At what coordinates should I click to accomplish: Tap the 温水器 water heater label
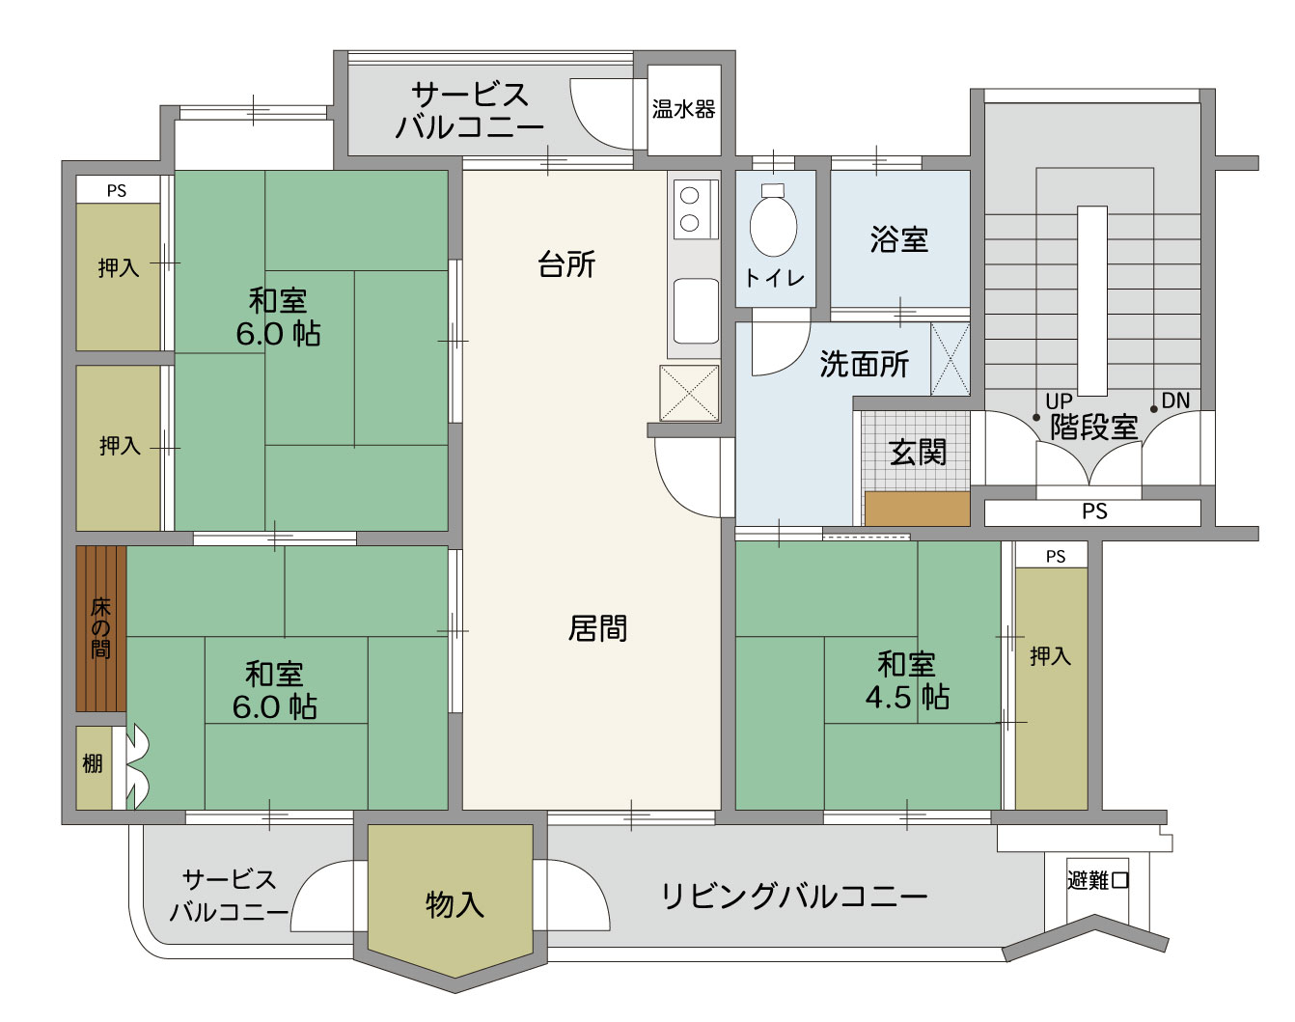683,110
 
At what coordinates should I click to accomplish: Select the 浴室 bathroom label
899,239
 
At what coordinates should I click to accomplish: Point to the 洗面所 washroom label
864,364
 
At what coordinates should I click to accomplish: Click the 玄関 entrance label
918,452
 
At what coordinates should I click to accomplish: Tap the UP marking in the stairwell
1060,401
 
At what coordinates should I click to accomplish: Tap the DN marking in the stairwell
1176,401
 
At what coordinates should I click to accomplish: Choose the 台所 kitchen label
566,264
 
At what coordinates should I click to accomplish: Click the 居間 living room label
597,628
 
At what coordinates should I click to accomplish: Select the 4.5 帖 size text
907,697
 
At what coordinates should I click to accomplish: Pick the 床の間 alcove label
100,627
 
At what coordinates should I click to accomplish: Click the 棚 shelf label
93,763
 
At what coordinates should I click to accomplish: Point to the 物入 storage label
455,904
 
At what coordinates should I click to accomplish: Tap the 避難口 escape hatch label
1097,880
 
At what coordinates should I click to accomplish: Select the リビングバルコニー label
794,897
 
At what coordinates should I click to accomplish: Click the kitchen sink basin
697,311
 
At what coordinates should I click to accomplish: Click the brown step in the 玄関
917,509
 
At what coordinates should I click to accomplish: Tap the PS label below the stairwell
1094,511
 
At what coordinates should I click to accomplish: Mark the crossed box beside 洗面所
951,359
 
